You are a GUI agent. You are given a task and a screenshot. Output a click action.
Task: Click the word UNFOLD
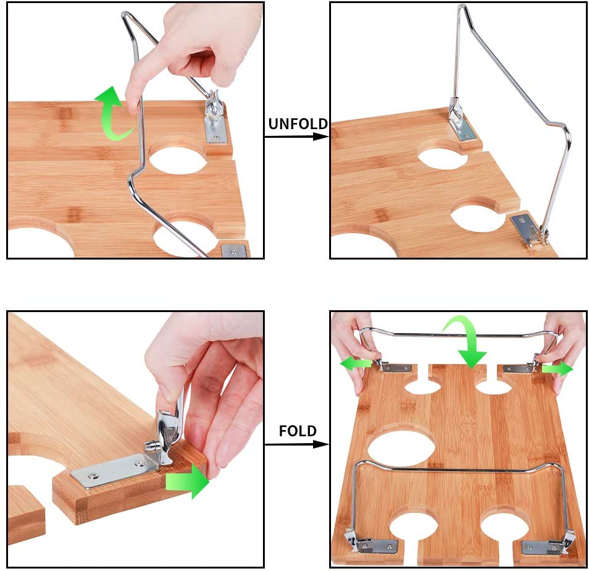pos(298,124)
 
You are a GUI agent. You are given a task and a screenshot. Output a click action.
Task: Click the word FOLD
pos(298,431)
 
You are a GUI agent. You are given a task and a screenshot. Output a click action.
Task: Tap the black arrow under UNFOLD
pos(297,137)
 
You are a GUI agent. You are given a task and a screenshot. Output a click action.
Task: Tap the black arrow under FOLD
pos(297,444)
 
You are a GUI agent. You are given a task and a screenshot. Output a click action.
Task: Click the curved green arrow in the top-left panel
pos(113,112)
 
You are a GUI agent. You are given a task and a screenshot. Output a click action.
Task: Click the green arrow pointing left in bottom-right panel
pos(355,364)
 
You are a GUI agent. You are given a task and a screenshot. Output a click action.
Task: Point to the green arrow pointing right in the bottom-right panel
pos(557,369)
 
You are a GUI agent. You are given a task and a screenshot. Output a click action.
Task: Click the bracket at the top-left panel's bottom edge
pos(234,251)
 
